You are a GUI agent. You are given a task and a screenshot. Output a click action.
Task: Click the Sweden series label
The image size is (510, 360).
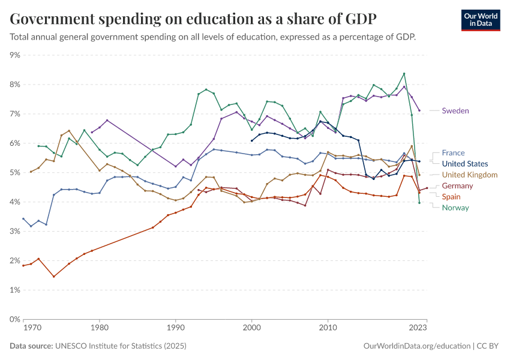(455, 111)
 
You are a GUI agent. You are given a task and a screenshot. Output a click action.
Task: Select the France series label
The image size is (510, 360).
(453, 153)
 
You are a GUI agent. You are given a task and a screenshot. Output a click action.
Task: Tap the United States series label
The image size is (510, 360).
(464, 164)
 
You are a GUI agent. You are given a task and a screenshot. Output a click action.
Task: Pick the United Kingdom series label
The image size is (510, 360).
(469, 175)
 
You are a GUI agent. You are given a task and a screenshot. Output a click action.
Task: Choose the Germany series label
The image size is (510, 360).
(457, 186)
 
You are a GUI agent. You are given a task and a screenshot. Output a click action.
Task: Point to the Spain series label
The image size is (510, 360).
(451, 197)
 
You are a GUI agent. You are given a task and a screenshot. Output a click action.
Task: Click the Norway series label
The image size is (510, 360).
(455, 208)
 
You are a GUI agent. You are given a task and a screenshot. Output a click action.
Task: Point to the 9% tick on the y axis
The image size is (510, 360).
(16, 55)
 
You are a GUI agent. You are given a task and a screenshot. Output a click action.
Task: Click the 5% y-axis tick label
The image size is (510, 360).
(16, 173)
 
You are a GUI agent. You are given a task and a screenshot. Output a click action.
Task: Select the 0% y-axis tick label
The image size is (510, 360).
(16, 319)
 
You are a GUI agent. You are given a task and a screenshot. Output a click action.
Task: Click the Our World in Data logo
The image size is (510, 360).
(480, 19)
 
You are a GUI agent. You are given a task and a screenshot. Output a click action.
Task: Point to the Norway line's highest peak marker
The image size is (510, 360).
(404, 74)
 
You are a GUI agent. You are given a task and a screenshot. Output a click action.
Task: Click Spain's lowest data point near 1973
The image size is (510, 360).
(53, 277)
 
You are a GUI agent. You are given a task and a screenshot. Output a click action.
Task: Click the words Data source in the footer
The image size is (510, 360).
(31, 346)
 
